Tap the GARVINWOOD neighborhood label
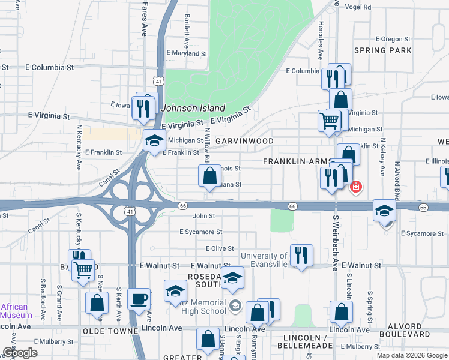click(244, 141)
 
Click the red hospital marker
click(356, 187)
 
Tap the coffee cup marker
click(139, 299)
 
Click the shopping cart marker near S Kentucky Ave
click(83, 269)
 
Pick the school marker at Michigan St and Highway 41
click(154, 140)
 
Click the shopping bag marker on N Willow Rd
click(209, 176)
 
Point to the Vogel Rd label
click(358, 7)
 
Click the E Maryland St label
click(187, 53)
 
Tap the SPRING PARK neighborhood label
click(382, 51)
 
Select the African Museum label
click(16, 311)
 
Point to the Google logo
click(20, 353)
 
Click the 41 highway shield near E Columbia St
click(158, 80)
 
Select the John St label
click(203, 216)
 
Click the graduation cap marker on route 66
click(384, 210)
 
